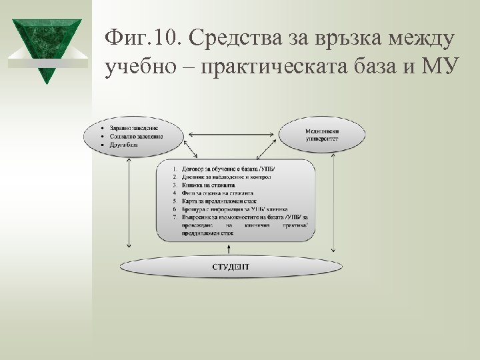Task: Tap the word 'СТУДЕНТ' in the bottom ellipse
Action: [x=231, y=267]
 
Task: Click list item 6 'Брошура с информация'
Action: [x=227, y=209]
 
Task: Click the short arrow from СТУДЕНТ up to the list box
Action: [x=229, y=249]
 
